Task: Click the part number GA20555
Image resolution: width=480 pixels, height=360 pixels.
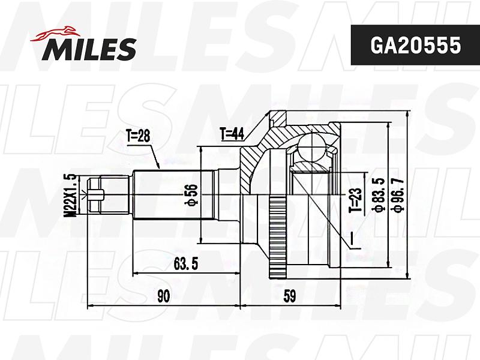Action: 415,45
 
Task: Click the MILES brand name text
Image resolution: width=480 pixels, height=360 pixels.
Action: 89,49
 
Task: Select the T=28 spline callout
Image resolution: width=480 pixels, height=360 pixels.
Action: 138,136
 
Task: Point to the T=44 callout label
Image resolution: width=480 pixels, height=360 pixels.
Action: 232,133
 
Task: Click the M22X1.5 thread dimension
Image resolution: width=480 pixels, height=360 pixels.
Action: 70,195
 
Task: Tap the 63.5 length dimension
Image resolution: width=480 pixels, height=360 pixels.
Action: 186,264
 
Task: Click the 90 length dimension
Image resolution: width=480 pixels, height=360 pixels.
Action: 163,296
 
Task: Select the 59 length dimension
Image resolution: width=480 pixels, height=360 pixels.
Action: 289,296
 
